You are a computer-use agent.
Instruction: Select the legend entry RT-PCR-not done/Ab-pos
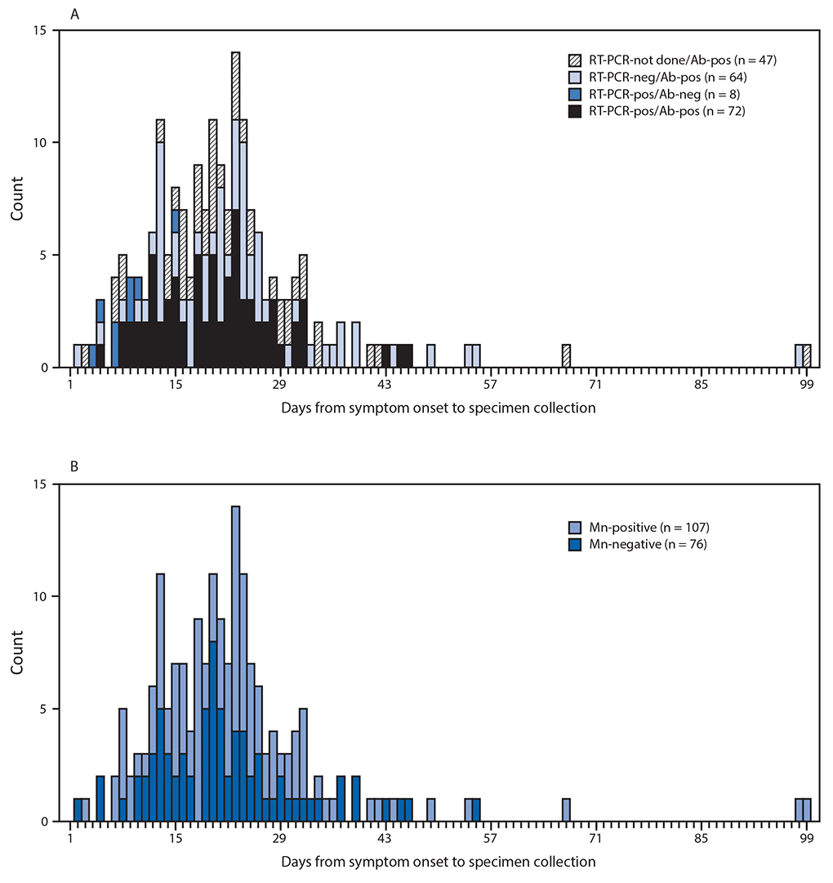pyautogui.click(x=644, y=60)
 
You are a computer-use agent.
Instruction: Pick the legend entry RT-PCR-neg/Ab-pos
pyautogui.click(x=644, y=77)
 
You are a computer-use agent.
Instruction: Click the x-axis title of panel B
pyautogui.click(x=439, y=862)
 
